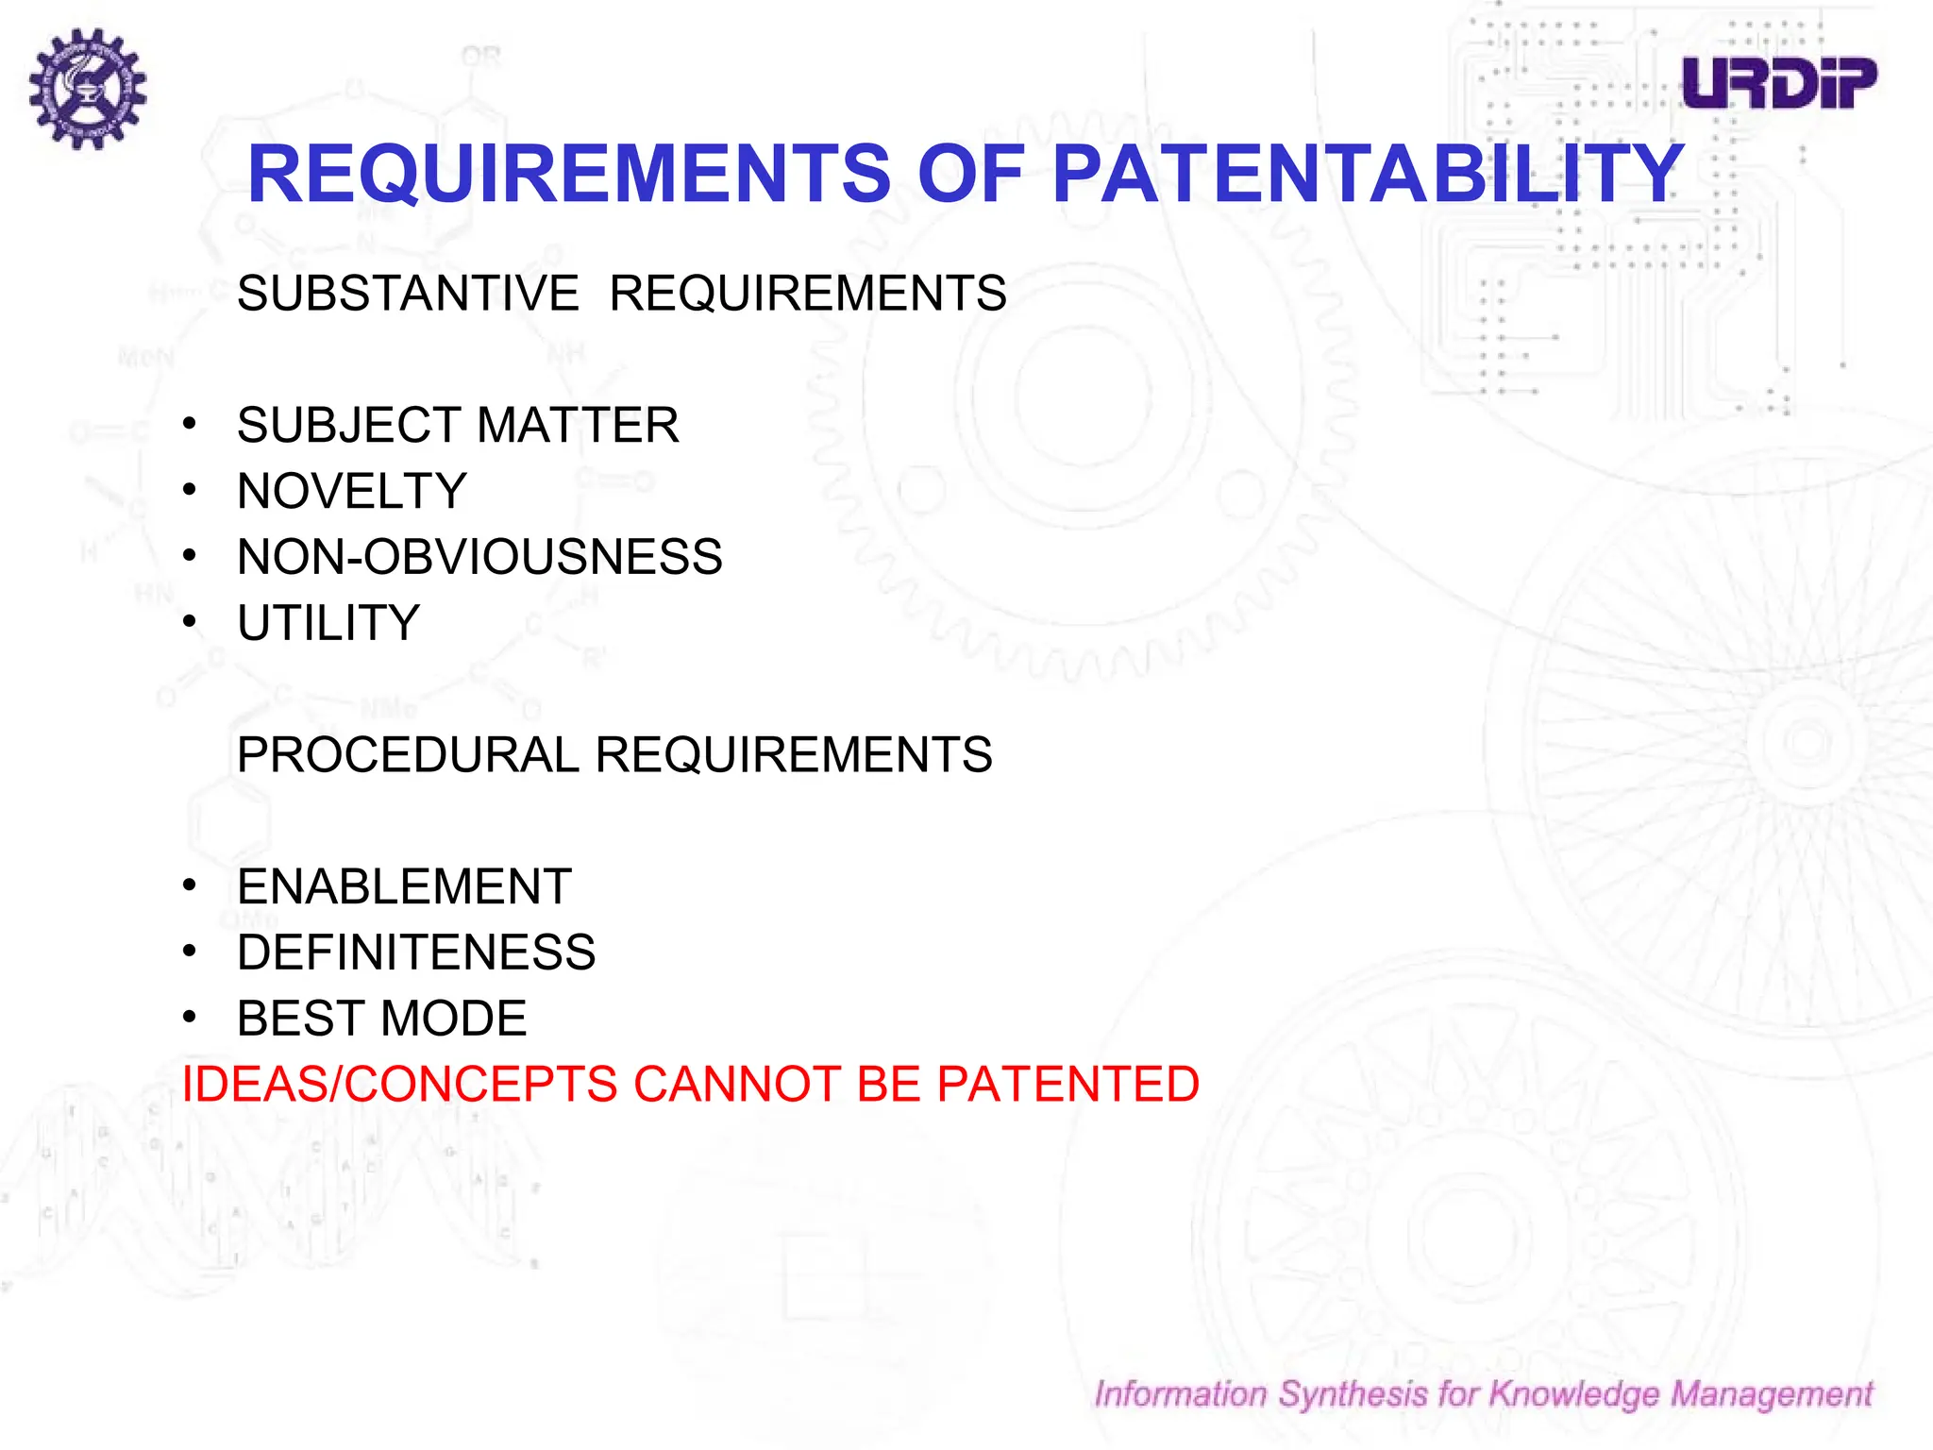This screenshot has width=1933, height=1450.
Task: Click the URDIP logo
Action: [x=1778, y=83]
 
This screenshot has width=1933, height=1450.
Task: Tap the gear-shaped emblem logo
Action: [x=87, y=88]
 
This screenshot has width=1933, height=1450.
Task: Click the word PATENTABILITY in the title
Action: [x=1367, y=175]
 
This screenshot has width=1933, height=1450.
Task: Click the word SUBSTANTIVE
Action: [x=408, y=294]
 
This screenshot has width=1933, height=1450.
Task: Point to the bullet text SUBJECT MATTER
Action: [x=458, y=426]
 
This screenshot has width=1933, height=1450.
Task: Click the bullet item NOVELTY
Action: [x=352, y=492]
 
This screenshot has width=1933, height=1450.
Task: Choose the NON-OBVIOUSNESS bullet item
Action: [x=479, y=557]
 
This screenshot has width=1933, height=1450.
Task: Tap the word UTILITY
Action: [x=328, y=623]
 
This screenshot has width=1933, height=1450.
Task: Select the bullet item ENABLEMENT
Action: [x=404, y=887]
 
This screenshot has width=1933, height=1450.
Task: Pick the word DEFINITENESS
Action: [x=416, y=953]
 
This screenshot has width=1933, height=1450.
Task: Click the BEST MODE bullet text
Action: [x=381, y=1019]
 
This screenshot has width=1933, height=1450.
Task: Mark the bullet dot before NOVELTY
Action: [x=190, y=490]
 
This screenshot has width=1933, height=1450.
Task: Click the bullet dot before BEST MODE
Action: [x=190, y=1017]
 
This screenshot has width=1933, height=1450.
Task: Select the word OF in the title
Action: [x=970, y=175]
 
